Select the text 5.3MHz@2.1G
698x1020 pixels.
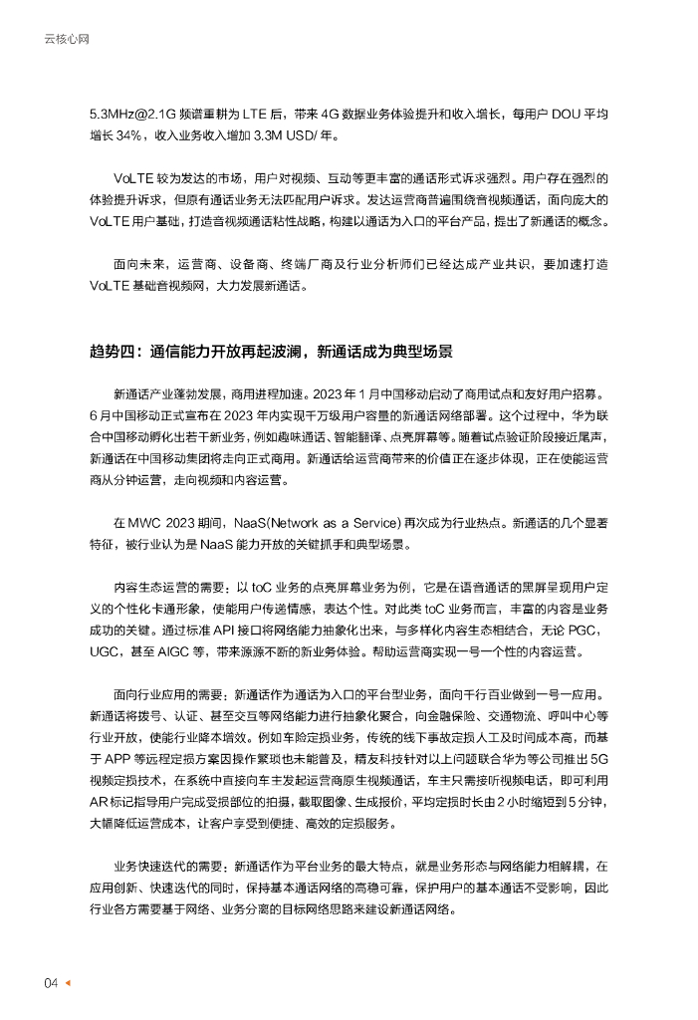(131, 114)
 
